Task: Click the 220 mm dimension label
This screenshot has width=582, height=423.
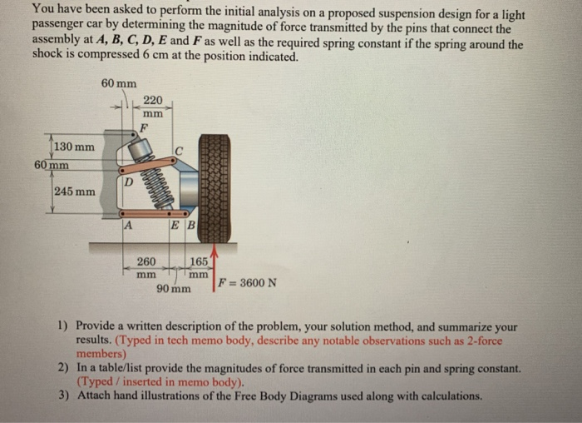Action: click(x=153, y=105)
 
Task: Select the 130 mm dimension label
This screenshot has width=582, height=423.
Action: click(x=74, y=147)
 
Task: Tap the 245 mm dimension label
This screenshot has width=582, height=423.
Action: click(x=74, y=192)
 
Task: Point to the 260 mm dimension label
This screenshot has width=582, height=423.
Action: click(x=146, y=266)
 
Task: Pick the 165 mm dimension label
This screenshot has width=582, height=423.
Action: click(x=198, y=266)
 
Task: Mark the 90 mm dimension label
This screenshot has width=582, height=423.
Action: click(x=173, y=288)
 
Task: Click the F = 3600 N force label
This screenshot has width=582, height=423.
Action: click(x=246, y=282)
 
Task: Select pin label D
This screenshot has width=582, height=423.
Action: click(x=128, y=182)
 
